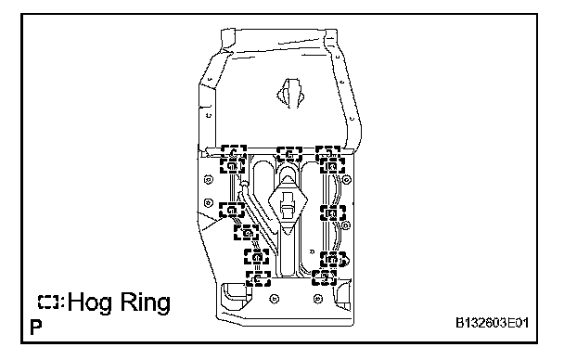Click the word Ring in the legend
click(145, 302)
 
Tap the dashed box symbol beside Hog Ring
click(48, 302)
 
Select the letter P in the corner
click(36, 328)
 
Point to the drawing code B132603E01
click(492, 323)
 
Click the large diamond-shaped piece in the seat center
click(288, 203)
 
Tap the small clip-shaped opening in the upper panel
click(290, 94)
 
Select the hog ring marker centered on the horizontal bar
click(289, 155)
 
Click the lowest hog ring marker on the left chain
click(258, 278)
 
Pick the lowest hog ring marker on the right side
click(324, 277)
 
